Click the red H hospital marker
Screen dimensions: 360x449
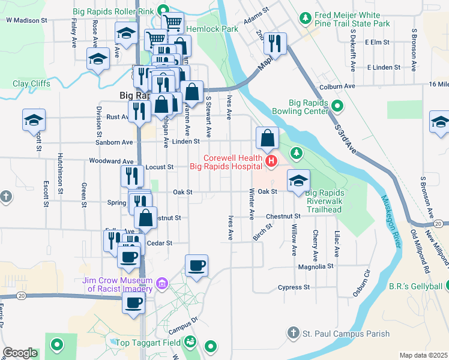(x=271, y=161)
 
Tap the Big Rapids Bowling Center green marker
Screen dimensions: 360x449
(x=337, y=107)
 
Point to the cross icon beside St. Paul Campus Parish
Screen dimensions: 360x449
(x=292, y=332)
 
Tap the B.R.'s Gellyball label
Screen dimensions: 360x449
(x=415, y=284)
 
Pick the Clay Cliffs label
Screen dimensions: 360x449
(x=32, y=84)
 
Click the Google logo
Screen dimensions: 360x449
(x=20, y=353)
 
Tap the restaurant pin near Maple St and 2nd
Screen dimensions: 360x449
(x=275, y=43)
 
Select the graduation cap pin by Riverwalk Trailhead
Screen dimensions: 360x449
(x=298, y=181)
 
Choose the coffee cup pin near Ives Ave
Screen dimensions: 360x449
(x=196, y=265)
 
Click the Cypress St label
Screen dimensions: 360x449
(x=294, y=287)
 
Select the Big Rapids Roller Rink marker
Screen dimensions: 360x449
(x=163, y=10)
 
